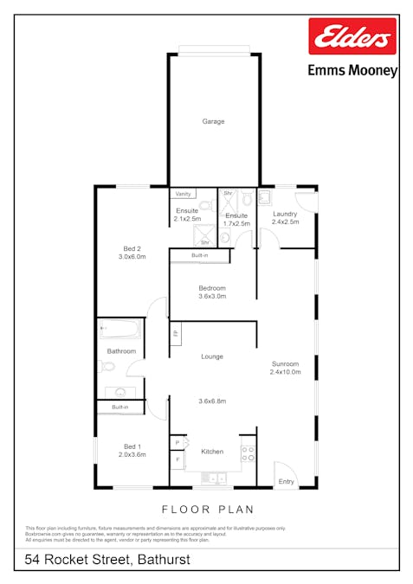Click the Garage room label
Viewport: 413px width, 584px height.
click(213, 122)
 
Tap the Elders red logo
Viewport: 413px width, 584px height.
click(352, 37)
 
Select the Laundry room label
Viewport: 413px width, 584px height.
click(285, 214)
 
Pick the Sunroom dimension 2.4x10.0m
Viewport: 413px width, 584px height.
click(285, 372)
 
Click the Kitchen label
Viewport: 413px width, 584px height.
click(212, 452)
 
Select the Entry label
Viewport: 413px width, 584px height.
click(286, 482)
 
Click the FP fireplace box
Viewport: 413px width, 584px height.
click(175, 333)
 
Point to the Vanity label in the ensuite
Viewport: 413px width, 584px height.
click(183, 194)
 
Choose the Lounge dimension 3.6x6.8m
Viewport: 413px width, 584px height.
click(212, 401)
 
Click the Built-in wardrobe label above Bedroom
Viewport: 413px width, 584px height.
click(200, 256)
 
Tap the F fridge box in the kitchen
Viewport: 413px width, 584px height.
click(177, 459)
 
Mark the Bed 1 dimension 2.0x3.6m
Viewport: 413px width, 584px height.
click(132, 454)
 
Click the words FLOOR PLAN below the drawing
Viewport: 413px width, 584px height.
click(208, 510)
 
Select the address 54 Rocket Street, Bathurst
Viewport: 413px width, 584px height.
click(107, 561)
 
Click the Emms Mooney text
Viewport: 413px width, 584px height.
click(352, 71)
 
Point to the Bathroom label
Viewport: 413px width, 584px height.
click(121, 351)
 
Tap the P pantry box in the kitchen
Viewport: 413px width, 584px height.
click(177, 443)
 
